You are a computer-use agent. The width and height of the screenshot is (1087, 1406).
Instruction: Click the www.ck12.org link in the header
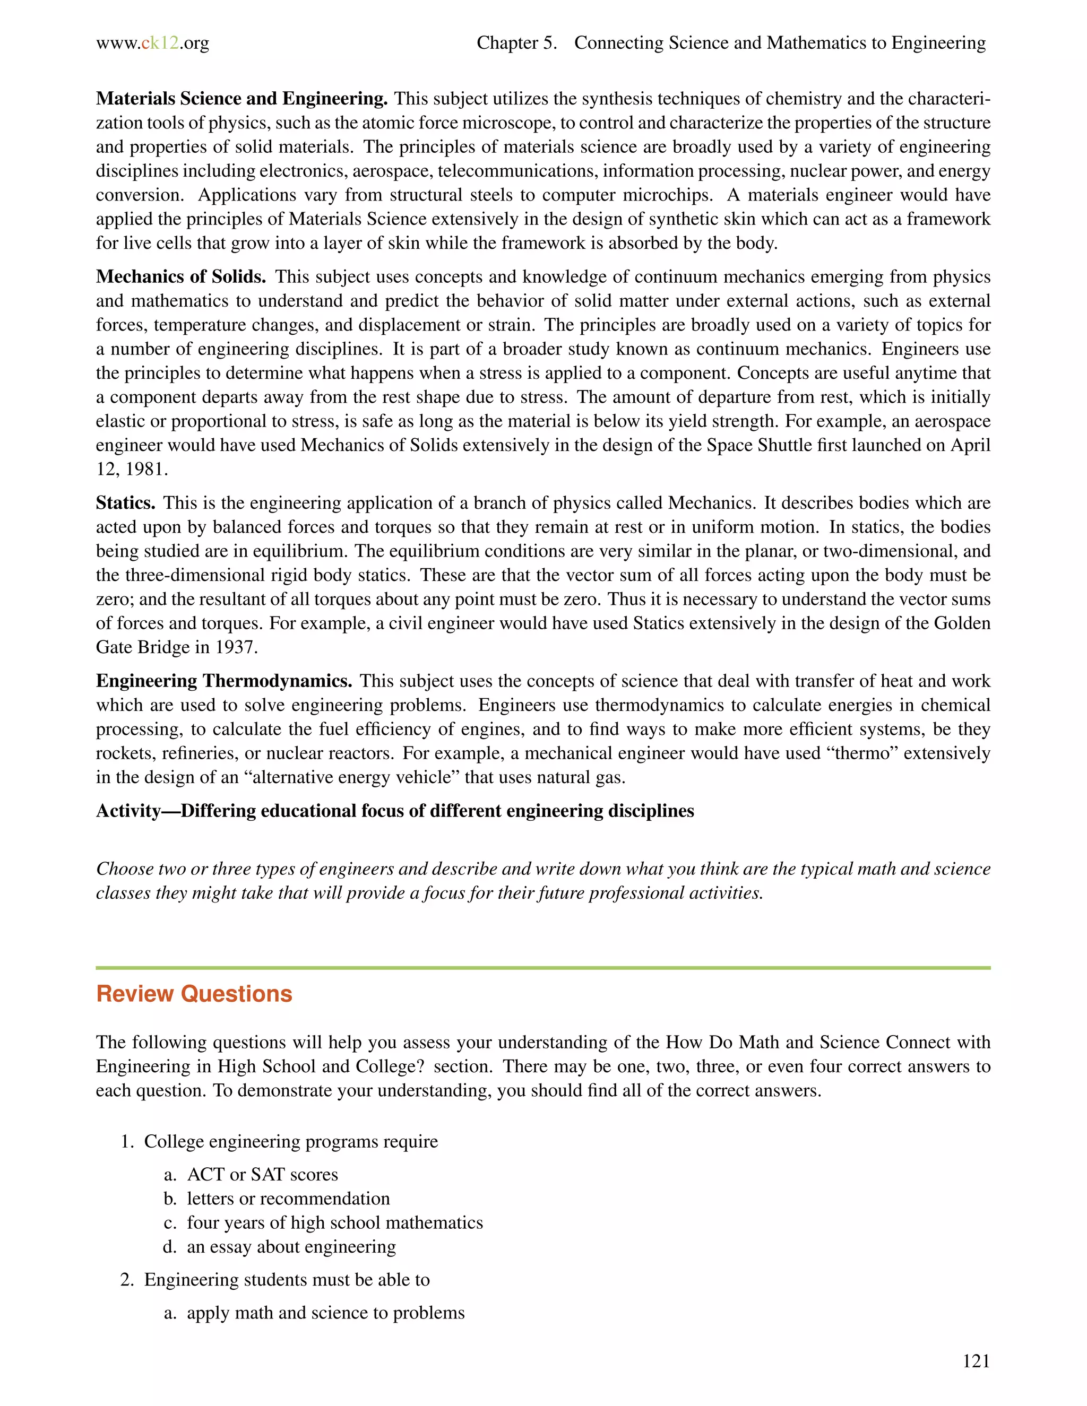coord(153,43)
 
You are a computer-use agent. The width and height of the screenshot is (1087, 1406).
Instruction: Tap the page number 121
coord(976,1360)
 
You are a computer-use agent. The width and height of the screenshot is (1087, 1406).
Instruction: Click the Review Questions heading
coord(194,994)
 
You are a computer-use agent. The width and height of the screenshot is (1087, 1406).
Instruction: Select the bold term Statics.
coord(126,503)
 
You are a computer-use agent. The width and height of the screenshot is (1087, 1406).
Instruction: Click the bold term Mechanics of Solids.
coord(181,277)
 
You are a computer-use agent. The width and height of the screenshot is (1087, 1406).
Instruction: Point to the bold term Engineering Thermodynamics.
coord(224,681)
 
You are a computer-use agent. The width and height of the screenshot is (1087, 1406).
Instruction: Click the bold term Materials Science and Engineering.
coord(241,99)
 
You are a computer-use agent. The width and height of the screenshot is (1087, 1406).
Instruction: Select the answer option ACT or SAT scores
coord(262,1175)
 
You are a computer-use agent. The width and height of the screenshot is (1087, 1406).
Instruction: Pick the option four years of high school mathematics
coord(335,1222)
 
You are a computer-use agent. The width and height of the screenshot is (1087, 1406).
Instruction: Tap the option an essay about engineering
coord(291,1247)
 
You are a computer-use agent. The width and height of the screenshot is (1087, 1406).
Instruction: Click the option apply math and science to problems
coord(325,1313)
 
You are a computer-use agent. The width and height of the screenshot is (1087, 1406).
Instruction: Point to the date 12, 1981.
coord(132,470)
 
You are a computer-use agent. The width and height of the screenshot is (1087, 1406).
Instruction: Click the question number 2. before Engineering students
coord(127,1280)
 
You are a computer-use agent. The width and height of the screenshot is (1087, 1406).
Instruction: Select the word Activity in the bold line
coord(128,811)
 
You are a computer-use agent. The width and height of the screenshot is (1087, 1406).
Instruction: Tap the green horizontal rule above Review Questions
coord(543,968)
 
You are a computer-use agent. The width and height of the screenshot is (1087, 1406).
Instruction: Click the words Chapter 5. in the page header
coord(516,43)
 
